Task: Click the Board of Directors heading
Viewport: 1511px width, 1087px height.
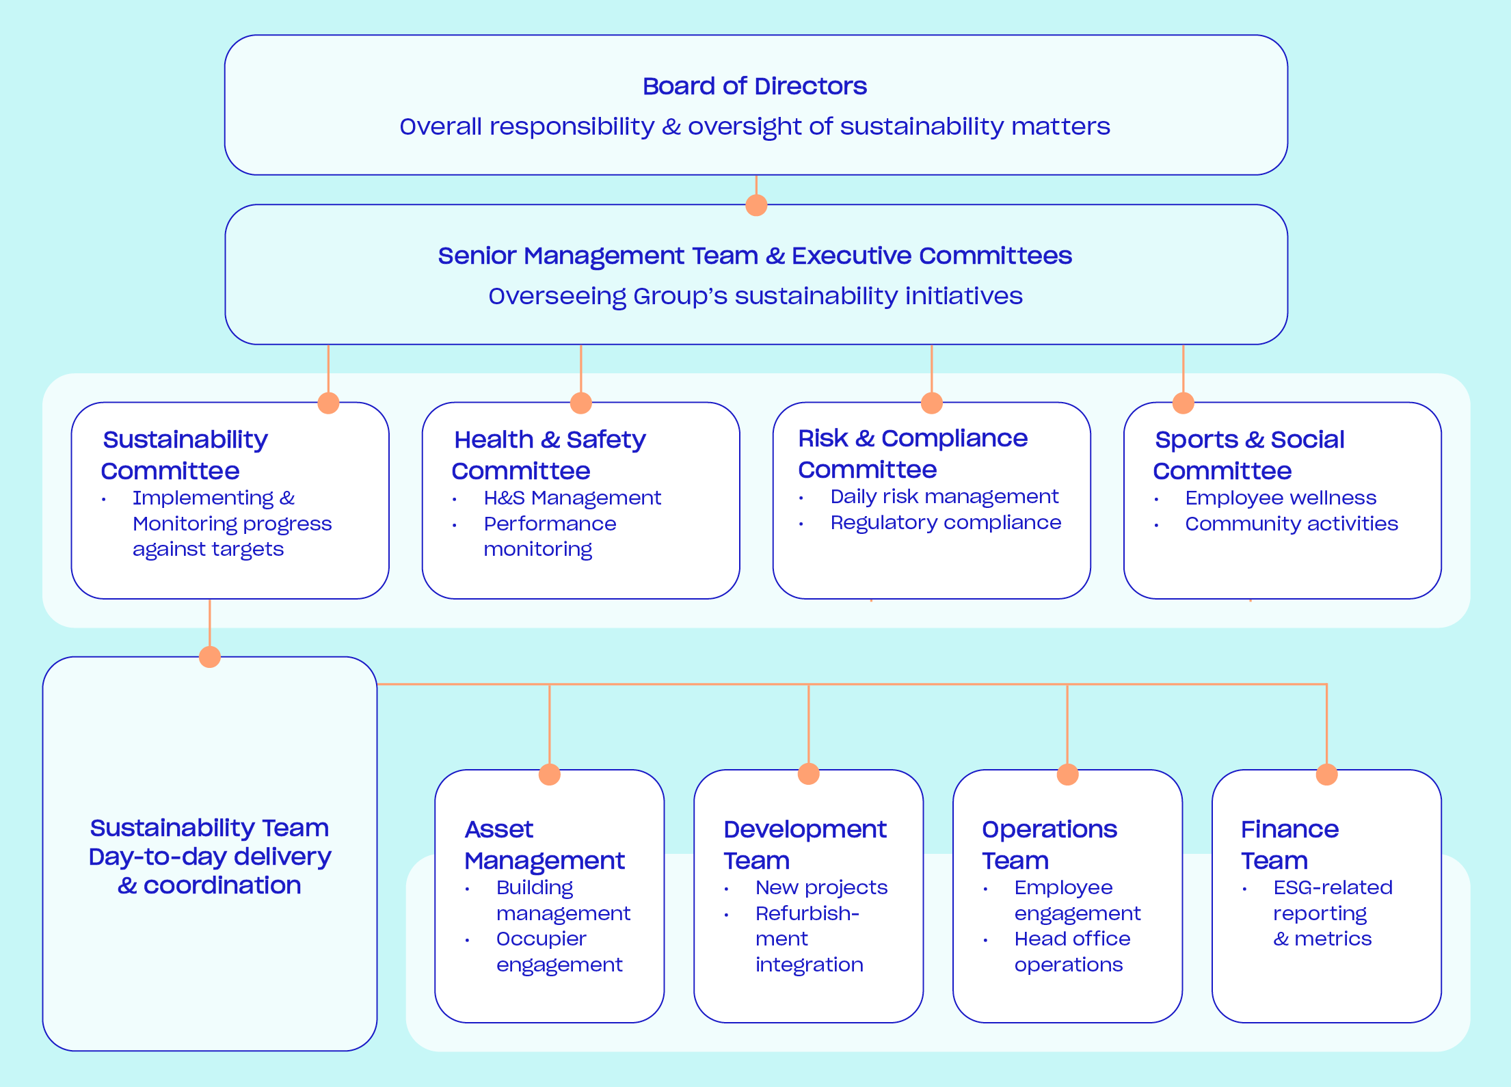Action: tap(754, 86)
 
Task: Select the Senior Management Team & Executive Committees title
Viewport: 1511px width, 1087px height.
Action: tap(754, 256)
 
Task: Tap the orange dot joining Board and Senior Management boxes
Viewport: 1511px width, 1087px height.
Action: tap(756, 204)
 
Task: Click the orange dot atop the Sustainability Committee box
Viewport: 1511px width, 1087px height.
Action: tap(328, 403)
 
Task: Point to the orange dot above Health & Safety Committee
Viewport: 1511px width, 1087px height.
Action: tap(580, 403)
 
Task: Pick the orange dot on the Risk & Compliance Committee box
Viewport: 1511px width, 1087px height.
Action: tap(931, 403)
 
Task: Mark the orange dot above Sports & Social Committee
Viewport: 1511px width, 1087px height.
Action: tap(1183, 403)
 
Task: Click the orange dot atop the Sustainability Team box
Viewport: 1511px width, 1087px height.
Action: tap(209, 656)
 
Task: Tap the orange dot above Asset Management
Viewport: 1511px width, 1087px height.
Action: tap(549, 774)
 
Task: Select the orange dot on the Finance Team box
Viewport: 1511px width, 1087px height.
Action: tap(1326, 774)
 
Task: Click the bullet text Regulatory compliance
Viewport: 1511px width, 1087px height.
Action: tap(946, 522)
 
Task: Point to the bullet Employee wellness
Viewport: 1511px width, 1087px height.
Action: tap(1280, 498)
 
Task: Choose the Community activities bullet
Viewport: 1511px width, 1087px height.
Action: tap(1291, 524)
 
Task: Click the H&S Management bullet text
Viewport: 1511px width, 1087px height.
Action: tap(572, 498)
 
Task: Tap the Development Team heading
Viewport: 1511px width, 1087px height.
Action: tap(804, 844)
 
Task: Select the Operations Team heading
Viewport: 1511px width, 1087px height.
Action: tap(1049, 844)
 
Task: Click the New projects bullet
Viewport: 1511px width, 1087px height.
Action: tap(821, 887)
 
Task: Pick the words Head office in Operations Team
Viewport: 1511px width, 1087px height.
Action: tap(1072, 939)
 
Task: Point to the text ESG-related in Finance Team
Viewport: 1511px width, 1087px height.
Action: tap(1333, 887)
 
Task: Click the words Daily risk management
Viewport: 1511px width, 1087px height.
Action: tap(944, 496)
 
